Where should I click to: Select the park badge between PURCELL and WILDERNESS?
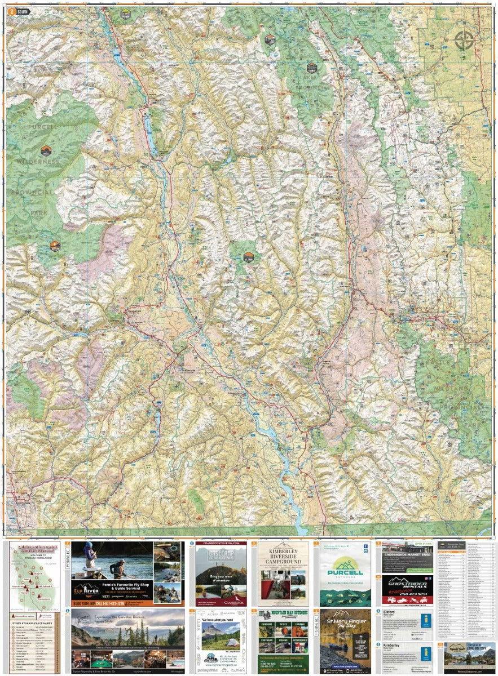pyautogui.click(x=47, y=151)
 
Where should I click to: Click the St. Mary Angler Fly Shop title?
pyautogui.click(x=345, y=622)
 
